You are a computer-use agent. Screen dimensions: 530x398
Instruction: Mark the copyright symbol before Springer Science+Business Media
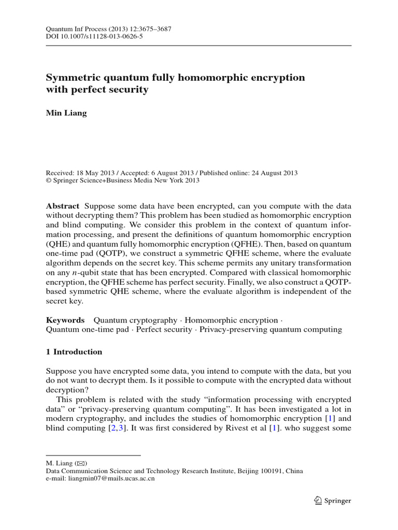pos(49,181)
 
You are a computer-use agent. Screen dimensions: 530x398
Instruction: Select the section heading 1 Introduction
pos(74,352)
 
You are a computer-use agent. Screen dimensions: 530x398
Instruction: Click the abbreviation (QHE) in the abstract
pos(58,244)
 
